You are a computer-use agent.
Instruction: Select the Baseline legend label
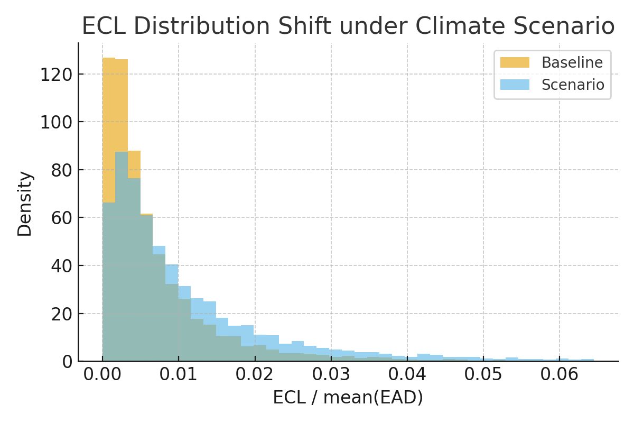click(572, 63)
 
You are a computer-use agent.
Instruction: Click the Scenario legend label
click(573, 85)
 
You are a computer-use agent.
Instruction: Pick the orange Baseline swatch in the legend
click(515, 63)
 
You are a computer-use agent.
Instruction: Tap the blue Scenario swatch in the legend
click(515, 85)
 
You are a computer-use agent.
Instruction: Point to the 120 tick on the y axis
click(57, 74)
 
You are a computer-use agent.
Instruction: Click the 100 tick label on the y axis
click(57, 122)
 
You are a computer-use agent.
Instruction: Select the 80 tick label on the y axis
click(62, 170)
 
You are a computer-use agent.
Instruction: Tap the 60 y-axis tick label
click(62, 218)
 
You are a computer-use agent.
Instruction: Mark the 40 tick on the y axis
click(62, 266)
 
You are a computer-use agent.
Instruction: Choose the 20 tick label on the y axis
click(62, 314)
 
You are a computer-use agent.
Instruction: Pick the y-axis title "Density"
click(25, 204)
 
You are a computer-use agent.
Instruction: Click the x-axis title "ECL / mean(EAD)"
click(348, 398)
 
